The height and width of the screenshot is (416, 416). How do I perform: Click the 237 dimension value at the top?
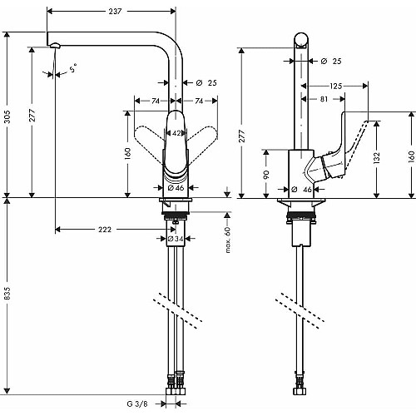(x=115, y=11)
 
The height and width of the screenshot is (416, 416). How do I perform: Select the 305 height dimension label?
(x=7, y=116)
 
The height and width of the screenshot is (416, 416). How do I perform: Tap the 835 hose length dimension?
(x=7, y=294)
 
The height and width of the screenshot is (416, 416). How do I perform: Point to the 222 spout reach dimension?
(x=105, y=230)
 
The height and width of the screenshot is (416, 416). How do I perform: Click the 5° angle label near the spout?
(x=73, y=68)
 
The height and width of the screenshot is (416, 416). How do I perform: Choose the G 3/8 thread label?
(x=137, y=404)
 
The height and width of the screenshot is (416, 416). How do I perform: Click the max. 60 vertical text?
(x=228, y=240)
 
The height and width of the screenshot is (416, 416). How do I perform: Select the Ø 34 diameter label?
(x=176, y=239)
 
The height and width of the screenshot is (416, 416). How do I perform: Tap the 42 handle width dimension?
(x=176, y=133)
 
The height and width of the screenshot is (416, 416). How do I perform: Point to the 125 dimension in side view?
(x=335, y=86)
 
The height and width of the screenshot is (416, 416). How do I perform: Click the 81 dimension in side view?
(x=324, y=99)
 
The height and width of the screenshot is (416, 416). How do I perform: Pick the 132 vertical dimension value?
(x=376, y=159)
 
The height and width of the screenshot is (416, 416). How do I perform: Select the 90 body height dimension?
(x=266, y=175)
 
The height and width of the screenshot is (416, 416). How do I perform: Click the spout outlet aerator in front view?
(x=55, y=45)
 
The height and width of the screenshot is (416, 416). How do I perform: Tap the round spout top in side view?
(x=301, y=41)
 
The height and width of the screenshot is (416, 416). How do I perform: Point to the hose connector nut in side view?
(x=300, y=391)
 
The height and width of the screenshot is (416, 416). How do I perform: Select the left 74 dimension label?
(x=156, y=101)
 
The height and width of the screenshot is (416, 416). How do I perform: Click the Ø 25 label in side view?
(x=331, y=61)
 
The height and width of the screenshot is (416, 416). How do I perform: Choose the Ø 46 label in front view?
(x=176, y=188)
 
